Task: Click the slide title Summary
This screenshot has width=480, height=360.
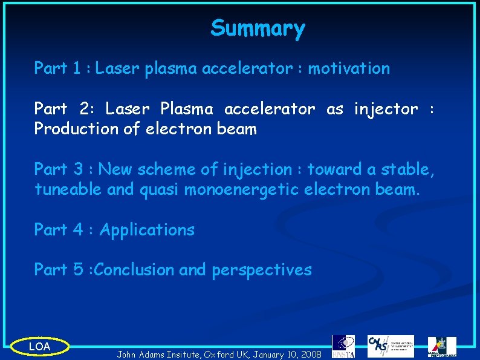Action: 258,28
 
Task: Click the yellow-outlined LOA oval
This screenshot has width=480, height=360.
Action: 40,347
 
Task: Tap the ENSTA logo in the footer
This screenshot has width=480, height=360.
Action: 343,346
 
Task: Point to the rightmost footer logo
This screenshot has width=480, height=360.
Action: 442,347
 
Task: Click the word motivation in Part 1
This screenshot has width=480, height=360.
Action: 349,68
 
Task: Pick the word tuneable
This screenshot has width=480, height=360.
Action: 68,190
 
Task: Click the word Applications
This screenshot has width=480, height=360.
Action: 147,230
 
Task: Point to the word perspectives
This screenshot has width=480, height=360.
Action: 261,270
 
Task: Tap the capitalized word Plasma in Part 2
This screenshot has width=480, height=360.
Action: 186,109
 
